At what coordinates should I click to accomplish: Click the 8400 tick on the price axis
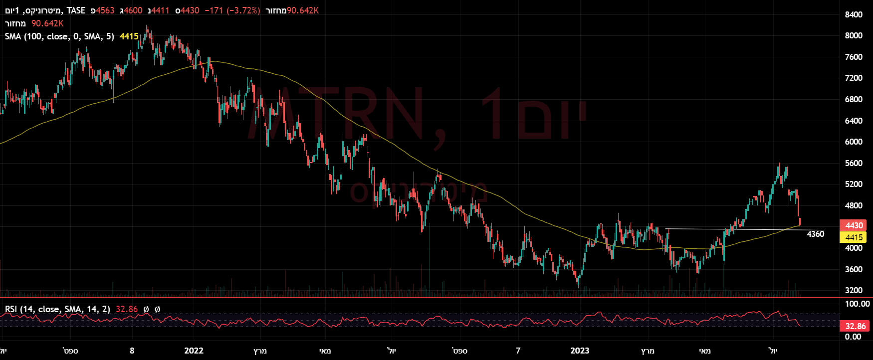click(854, 14)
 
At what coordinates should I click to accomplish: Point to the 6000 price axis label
click(854, 142)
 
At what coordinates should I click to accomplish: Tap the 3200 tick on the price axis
click(854, 290)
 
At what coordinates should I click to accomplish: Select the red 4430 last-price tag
click(854, 225)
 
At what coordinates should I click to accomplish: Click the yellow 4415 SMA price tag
click(854, 237)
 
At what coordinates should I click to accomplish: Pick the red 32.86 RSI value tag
click(855, 326)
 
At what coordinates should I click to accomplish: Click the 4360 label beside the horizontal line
click(815, 234)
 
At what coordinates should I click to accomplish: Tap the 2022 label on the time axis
click(194, 351)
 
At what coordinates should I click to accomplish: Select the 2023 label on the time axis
click(580, 351)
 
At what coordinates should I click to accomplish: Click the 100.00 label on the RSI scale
click(857, 304)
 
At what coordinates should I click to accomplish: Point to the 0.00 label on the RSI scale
click(853, 337)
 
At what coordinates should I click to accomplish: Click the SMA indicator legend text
click(59, 36)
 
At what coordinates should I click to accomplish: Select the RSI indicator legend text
click(57, 309)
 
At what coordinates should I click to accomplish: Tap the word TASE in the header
click(76, 10)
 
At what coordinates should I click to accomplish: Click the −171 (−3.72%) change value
click(232, 10)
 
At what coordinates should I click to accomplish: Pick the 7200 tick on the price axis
click(854, 78)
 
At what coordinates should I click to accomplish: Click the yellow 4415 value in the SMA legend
click(129, 36)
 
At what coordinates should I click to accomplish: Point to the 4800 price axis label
click(854, 205)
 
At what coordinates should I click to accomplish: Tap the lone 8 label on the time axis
click(132, 351)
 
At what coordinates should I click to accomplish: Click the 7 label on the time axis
click(518, 351)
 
